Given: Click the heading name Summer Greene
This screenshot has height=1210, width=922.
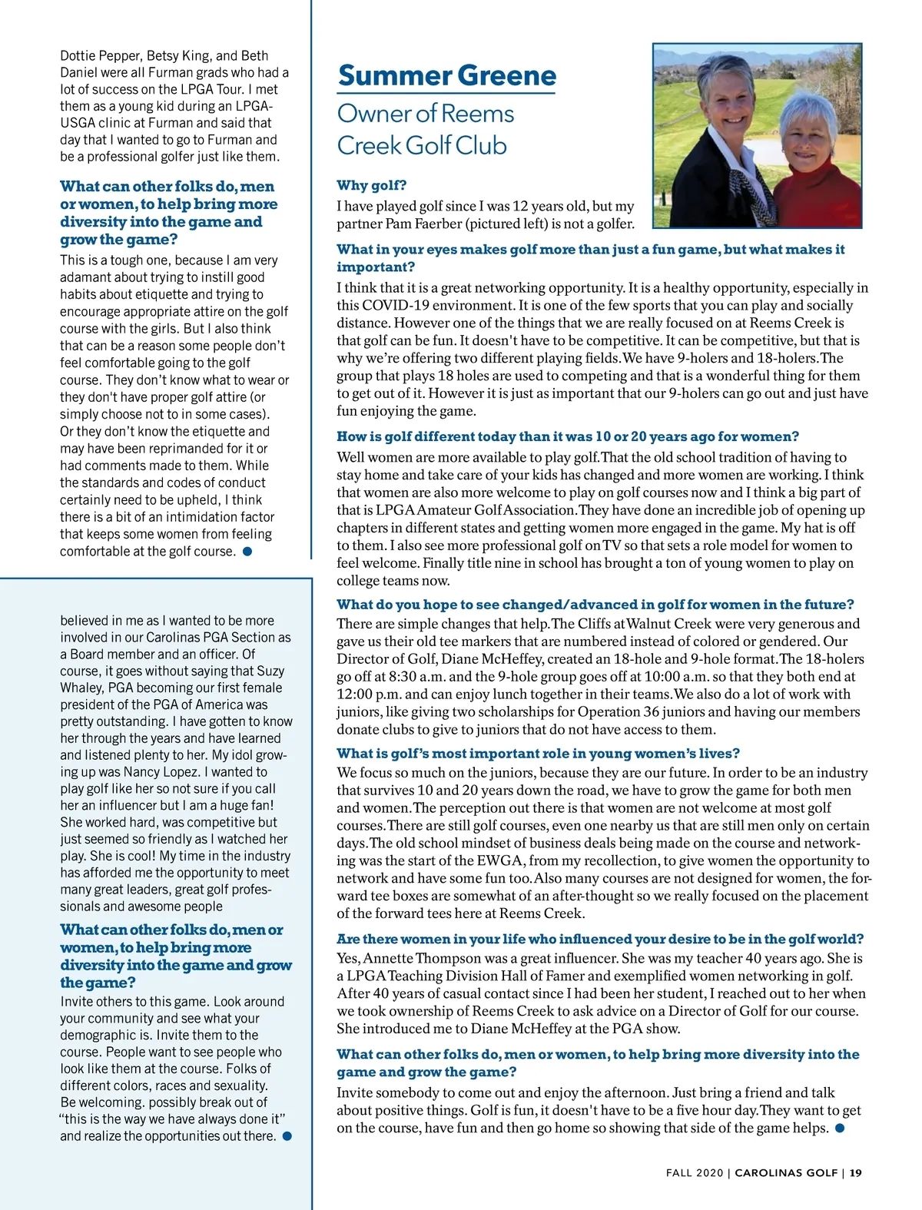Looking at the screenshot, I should point(446,75).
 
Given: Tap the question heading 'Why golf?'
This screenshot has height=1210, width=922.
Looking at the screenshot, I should point(372,185).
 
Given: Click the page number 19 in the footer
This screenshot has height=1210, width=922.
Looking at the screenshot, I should point(856,1172).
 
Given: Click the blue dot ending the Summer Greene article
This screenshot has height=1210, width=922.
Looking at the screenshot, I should point(840,1128).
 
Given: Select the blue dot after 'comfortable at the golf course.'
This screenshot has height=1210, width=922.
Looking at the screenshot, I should point(247,551).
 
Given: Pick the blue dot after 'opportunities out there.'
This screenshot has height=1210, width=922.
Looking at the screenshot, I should point(287,1135).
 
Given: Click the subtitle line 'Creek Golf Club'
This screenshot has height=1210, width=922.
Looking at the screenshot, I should point(422,145).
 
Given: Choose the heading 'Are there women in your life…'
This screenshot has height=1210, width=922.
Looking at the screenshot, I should point(600,939).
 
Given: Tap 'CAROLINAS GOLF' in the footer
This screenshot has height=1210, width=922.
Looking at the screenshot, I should point(786,1172).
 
